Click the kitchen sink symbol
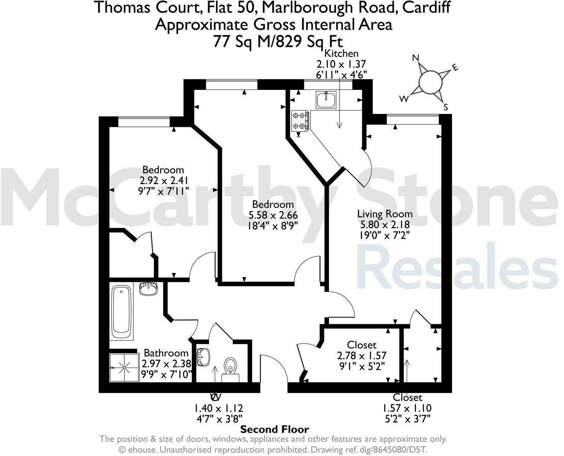point(324,100)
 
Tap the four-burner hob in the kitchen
point(300,120)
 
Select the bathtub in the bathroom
point(122,312)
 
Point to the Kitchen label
point(341,54)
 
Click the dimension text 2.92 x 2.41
point(164,180)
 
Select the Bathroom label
point(166,353)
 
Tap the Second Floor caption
point(275,429)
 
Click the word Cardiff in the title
point(425,7)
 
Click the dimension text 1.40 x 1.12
point(218,408)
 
